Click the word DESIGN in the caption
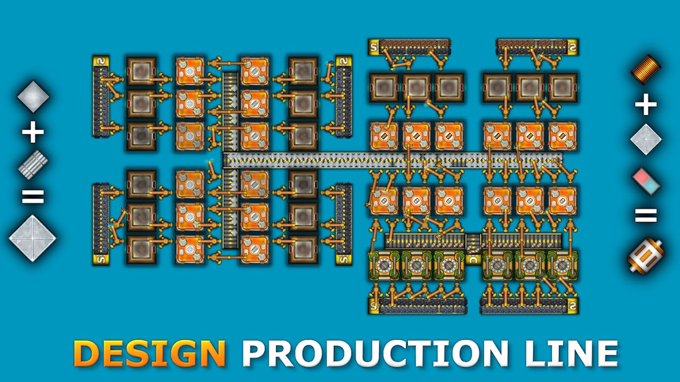click(149, 354)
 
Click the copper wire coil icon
click(646, 70)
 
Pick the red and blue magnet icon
click(646, 181)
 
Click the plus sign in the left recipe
click(33, 132)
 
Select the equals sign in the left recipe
click(33, 196)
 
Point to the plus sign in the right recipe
click(646, 105)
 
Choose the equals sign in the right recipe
click(646, 215)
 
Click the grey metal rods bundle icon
click(33, 165)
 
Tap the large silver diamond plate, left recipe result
click(33, 238)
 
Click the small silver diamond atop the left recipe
click(33, 97)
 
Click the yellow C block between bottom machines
click(473, 260)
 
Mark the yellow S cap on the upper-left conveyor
click(101, 62)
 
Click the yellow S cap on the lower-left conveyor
click(101, 260)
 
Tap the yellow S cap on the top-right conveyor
click(572, 47)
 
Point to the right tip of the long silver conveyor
click(562, 158)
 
